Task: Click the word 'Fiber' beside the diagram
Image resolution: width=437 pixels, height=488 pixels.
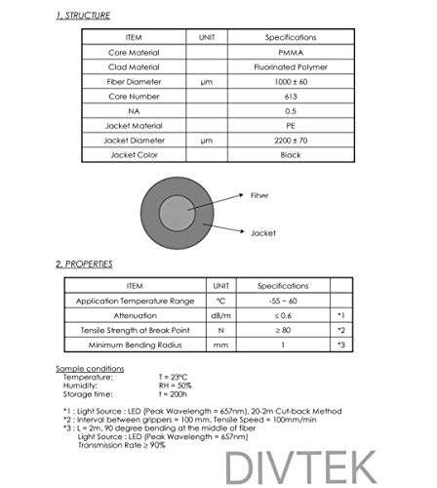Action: pyautogui.click(x=259, y=195)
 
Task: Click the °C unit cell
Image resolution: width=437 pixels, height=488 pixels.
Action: pyautogui.click(x=220, y=303)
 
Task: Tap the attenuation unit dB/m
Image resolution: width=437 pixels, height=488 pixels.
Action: pyautogui.click(x=220, y=317)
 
